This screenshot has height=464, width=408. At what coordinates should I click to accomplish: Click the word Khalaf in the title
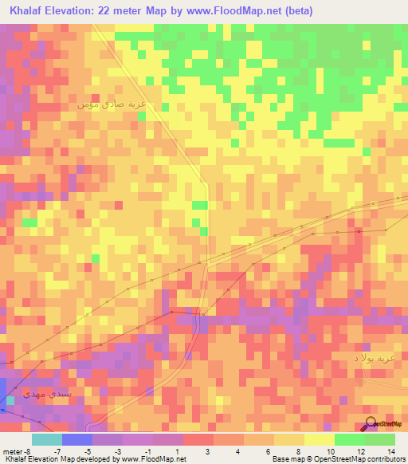(x=28, y=11)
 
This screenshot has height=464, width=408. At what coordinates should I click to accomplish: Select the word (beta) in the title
(x=296, y=11)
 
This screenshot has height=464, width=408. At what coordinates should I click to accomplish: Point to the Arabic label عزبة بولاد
(x=373, y=360)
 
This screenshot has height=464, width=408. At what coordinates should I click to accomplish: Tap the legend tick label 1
(x=176, y=450)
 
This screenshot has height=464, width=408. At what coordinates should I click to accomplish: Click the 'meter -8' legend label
(x=17, y=450)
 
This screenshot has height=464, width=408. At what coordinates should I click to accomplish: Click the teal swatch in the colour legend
(x=46, y=439)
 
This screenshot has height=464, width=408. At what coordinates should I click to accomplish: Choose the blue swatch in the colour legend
(x=76, y=439)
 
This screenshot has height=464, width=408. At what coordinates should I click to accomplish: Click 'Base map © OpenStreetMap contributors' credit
(x=336, y=460)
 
